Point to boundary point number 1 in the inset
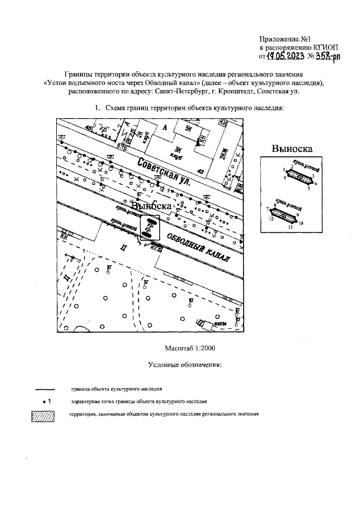(x=285, y=169)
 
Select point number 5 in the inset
(x=308, y=188)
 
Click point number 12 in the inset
(x=271, y=218)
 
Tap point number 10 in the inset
(x=301, y=223)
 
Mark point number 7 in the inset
(x=268, y=209)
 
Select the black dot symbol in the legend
(x=44, y=402)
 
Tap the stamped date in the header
(x=286, y=56)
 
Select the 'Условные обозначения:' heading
(x=185, y=365)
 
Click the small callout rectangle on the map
(x=150, y=227)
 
